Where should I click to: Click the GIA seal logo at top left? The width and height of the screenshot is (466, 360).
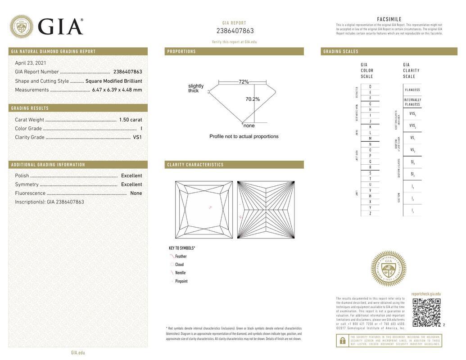coord(21,27)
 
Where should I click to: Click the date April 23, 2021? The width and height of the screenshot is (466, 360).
coord(31,63)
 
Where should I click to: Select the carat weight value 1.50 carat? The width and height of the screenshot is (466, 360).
coord(130,120)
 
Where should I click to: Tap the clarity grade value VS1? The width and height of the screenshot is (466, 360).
coord(137,137)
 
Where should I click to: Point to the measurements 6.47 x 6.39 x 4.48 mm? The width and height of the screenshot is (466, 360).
coord(117,90)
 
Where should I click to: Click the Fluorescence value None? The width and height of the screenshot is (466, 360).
coord(136,193)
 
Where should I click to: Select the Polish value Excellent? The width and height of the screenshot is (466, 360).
coord(131,175)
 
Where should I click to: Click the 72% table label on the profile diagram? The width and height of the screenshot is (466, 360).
coord(244,82)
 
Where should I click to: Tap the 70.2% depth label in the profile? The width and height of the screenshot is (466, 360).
coord(253,99)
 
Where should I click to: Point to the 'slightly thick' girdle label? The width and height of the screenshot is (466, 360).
coord(196,88)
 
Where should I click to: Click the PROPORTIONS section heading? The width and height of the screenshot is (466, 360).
coord(181,51)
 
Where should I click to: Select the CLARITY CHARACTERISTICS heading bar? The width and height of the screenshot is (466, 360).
coord(195,165)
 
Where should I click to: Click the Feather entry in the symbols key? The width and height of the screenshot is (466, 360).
coord(181,256)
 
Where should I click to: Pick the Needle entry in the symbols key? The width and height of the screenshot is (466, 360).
coord(180,273)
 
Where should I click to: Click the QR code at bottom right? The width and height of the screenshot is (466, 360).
coord(426,312)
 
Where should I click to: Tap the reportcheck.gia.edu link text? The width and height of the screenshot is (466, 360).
coord(426,294)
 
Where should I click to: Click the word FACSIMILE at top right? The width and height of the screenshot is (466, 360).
coord(389,19)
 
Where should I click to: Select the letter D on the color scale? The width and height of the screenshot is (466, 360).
coord(370,86)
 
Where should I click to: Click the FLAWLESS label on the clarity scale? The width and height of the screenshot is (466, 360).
coord(412,90)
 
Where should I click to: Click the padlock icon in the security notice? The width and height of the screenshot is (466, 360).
coord(343,341)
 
